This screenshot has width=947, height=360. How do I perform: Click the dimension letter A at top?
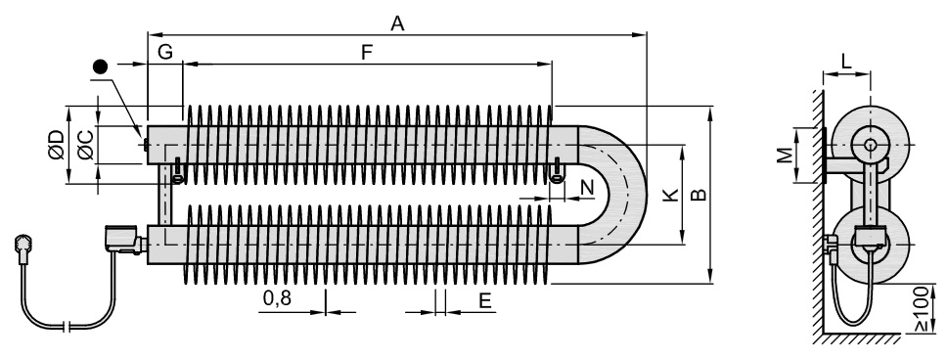pos(397,23)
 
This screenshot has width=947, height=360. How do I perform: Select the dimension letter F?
pos(367,53)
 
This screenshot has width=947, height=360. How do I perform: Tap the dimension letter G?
pos(165,53)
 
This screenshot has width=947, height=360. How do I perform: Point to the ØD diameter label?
pos(56,145)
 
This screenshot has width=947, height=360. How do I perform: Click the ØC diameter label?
pos(86,145)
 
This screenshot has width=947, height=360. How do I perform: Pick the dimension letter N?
pos(587,188)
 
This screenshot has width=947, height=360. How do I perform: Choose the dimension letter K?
pos(670,195)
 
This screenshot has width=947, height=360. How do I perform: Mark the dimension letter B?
pos(699,195)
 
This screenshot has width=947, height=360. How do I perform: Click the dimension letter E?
pos(485,300)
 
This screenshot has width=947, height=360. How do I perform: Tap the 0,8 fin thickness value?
pos(277,297)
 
